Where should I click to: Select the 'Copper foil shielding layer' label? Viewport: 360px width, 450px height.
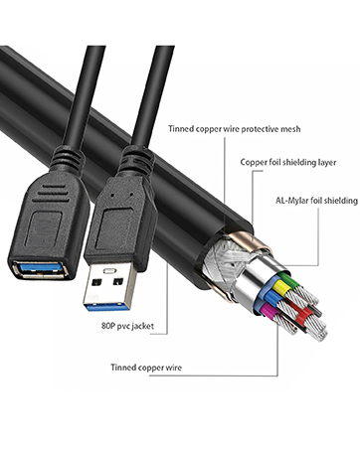point(288,162)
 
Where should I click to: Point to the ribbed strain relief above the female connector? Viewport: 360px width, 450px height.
point(67,159)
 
